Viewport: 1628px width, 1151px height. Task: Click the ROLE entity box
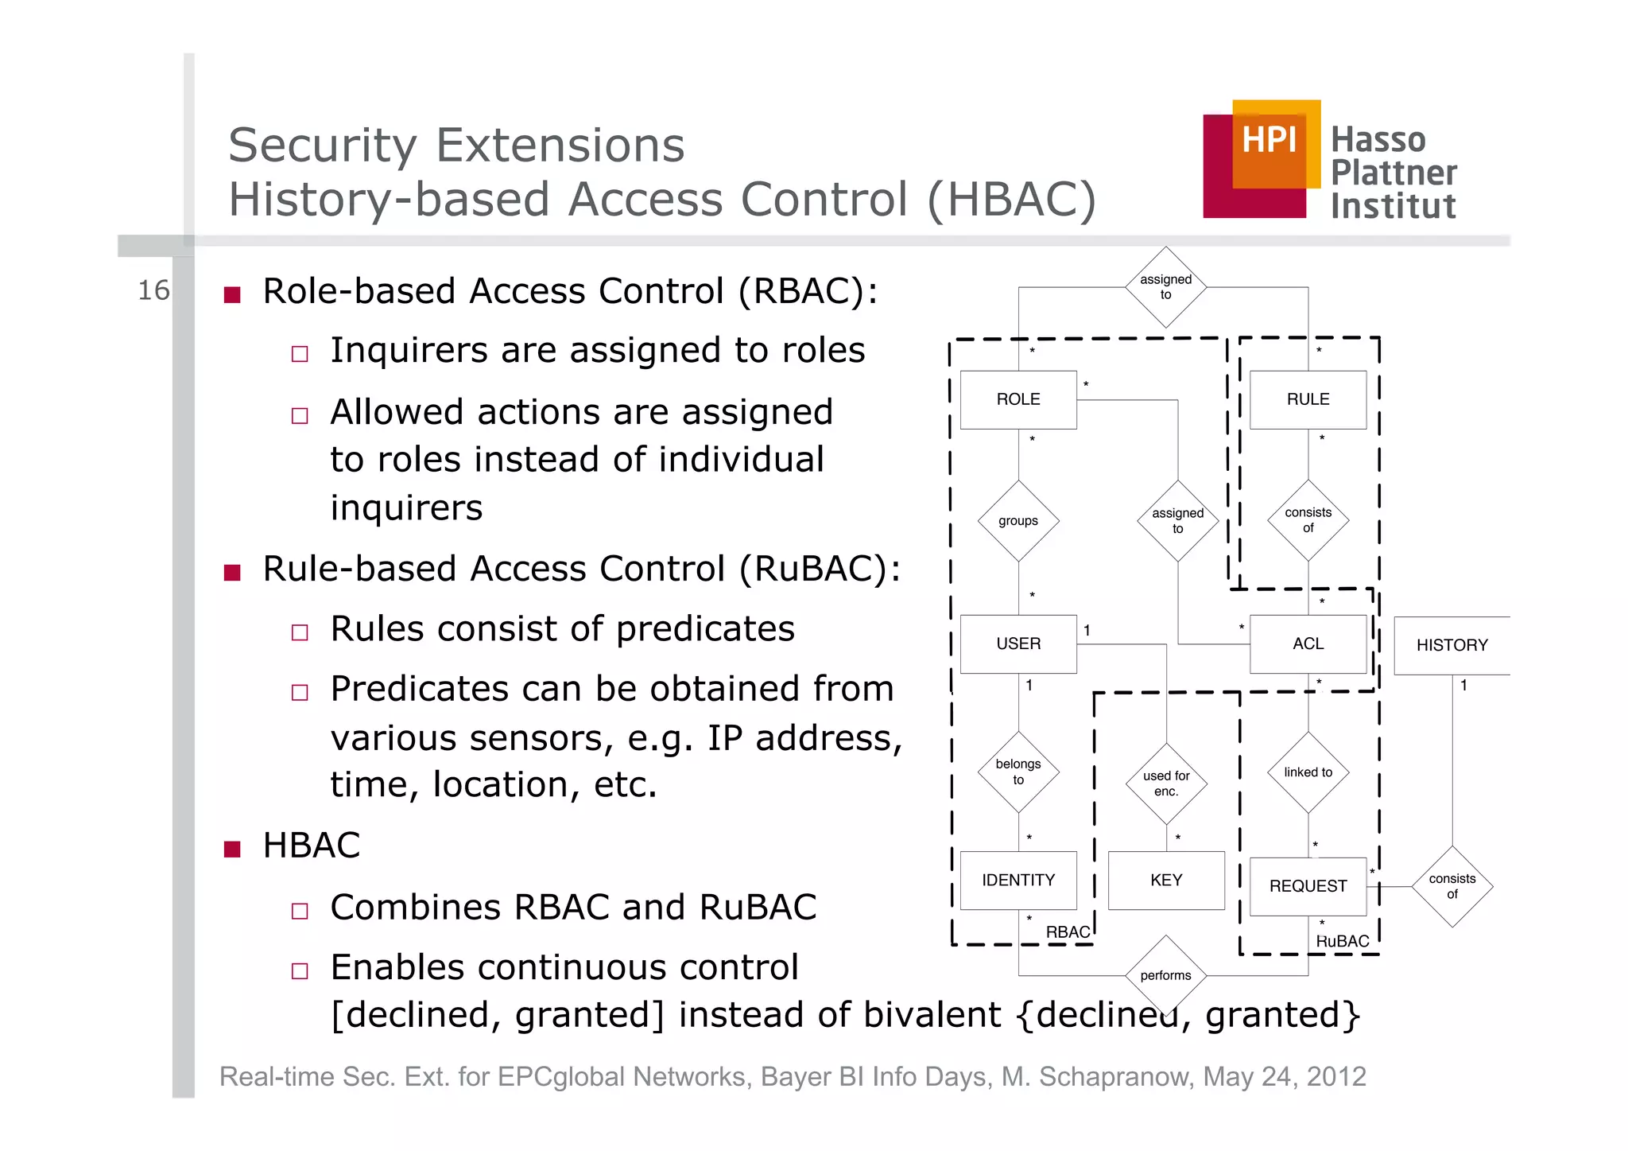(x=1017, y=399)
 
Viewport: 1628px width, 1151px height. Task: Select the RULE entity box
(x=1308, y=399)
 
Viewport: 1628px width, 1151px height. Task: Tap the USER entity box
(x=1017, y=644)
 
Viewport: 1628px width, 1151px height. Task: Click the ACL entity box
(x=1308, y=644)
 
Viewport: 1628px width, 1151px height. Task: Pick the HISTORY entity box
(x=1452, y=645)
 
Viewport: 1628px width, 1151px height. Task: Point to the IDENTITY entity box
(x=1017, y=880)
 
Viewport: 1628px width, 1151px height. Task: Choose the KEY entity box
(x=1165, y=880)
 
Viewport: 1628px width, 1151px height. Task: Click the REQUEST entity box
(x=1308, y=886)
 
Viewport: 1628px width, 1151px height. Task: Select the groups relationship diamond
(x=1017, y=521)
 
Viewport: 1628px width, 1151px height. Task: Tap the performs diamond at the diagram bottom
(x=1165, y=975)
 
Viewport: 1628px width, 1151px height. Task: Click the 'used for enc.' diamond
(x=1165, y=784)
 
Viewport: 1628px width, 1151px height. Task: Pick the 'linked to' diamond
(x=1308, y=772)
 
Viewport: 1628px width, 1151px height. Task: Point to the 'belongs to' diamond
(x=1017, y=772)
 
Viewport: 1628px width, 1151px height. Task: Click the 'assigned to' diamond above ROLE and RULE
(x=1165, y=287)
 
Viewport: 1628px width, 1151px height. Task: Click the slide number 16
(x=153, y=290)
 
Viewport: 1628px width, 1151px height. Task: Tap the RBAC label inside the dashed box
(x=1067, y=932)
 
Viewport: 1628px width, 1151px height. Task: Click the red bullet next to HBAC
(x=232, y=849)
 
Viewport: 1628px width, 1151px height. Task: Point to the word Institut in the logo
(x=1393, y=206)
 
